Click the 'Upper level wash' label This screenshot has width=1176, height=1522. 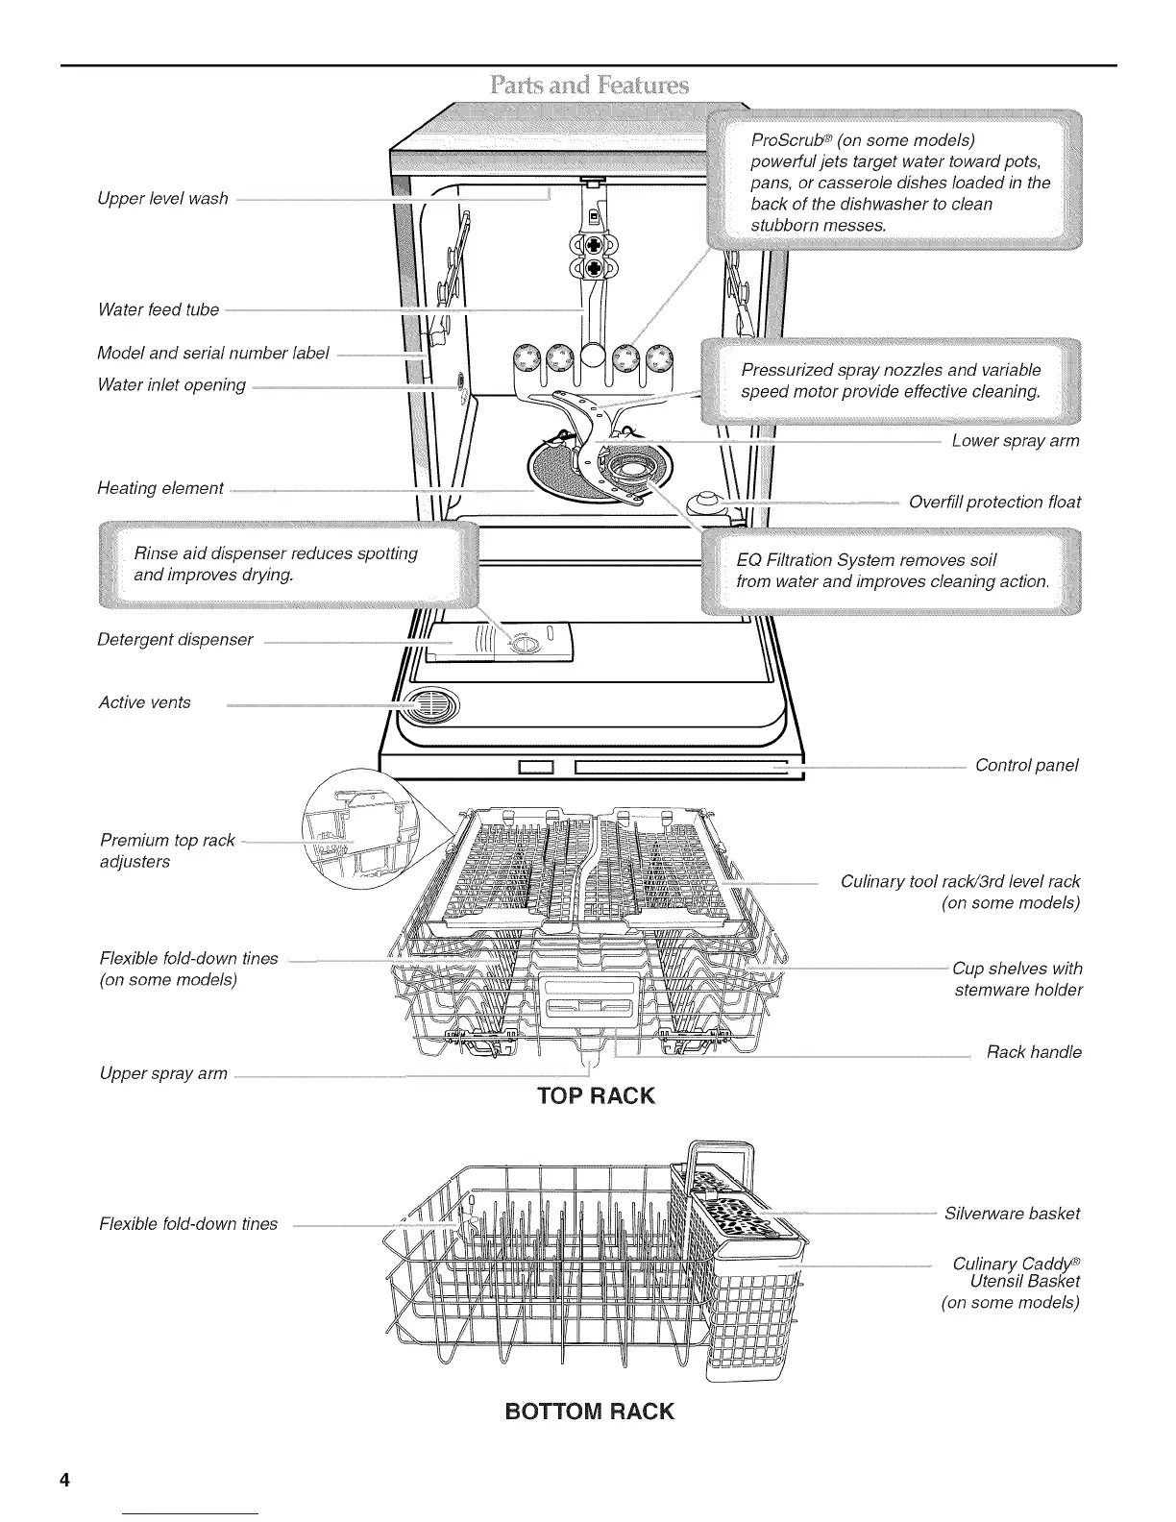pos(162,199)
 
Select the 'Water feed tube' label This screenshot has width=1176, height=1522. pos(158,309)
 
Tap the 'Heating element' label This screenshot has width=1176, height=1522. pos(159,488)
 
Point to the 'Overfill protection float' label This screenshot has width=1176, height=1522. pos(993,503)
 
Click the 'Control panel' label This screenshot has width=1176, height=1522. pos(1026,765)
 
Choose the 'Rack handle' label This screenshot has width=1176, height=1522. pos(1033,1052)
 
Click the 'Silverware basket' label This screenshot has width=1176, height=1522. pos(1011,1214)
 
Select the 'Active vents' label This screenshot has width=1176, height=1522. pos(144,702)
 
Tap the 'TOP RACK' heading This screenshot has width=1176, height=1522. pos(596,1096)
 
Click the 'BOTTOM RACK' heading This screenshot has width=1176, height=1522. pos(589,1412)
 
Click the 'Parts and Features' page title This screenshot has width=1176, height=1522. pos(588,86)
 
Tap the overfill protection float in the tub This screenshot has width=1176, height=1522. pos(708,502)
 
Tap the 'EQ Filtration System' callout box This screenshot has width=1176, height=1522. pos(892,571)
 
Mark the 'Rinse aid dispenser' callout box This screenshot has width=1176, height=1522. pos(288,565)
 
